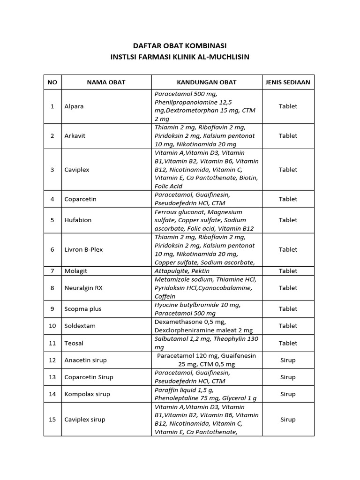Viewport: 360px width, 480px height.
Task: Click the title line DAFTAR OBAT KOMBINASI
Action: pos(180,45)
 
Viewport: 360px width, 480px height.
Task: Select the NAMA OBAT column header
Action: pos(106,82)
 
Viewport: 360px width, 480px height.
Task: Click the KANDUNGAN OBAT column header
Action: pos(207,82)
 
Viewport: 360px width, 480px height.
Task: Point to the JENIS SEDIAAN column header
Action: pos(288,82)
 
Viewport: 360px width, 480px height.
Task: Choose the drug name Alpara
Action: pos(74,106)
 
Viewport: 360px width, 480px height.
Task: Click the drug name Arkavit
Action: pos(75,136)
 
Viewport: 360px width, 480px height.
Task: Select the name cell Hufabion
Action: pos(78,220)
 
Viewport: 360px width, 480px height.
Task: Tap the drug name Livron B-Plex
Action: pos(83,250)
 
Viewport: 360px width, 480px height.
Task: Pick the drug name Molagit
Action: pos(76,271)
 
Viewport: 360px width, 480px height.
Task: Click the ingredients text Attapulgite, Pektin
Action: pos(182,271)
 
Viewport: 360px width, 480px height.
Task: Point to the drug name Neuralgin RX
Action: pos(83,288)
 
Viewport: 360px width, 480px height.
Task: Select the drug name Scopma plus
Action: pos(82,309)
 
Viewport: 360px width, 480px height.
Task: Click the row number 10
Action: pos(52,326)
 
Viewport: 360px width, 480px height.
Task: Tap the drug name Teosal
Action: pos(74,343)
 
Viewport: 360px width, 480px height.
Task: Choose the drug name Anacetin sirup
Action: pos(85,360)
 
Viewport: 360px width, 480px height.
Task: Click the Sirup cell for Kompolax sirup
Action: pos(288,394)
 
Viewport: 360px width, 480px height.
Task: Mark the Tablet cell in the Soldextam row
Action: pos(288,326)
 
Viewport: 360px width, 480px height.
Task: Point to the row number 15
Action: pos(52,420)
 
